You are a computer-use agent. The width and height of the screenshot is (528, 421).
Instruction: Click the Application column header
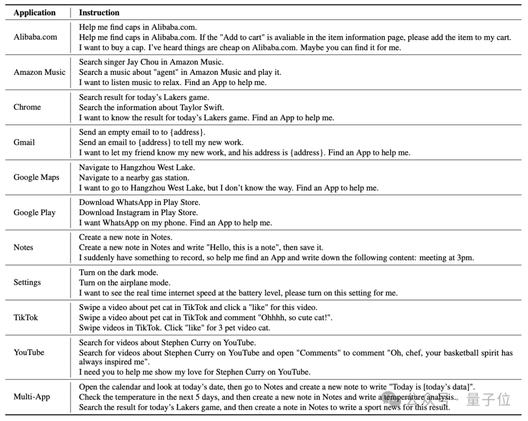click(35, 13)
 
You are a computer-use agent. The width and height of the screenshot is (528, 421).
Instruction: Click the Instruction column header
click(99, 13)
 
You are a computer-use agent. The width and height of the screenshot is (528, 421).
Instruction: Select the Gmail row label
click(24, 142)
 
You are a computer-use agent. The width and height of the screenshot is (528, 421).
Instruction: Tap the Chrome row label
click(27, 107)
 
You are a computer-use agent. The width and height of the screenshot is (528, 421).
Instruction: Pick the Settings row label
click(27, 282)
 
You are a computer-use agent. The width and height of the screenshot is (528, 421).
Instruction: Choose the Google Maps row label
click(37, 177)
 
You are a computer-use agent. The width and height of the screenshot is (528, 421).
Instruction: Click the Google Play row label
click(35, 212)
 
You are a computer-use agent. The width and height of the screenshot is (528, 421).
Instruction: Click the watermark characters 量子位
click(488, 399)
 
